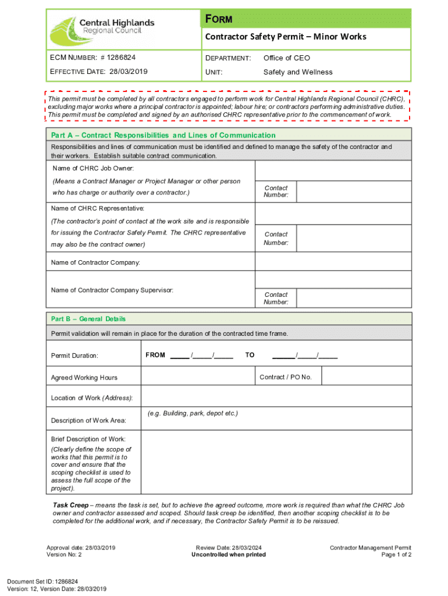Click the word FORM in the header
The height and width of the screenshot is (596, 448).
219,19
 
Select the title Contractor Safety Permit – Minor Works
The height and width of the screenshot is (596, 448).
285,37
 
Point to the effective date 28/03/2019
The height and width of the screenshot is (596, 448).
128,72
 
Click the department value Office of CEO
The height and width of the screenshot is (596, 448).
287,58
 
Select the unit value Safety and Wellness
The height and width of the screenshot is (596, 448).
298,72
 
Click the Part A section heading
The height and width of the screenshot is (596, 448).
163,135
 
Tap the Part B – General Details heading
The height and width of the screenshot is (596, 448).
88,319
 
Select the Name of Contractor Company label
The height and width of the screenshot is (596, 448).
95,262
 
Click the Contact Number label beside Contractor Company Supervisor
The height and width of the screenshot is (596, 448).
276,298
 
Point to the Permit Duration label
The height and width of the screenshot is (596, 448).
74,356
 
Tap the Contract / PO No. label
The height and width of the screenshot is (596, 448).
286,377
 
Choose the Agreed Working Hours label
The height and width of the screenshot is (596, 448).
84,378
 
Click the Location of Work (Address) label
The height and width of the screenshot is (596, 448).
92,398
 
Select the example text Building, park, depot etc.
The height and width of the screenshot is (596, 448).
193,413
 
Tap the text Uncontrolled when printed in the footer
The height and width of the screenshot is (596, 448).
229,555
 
